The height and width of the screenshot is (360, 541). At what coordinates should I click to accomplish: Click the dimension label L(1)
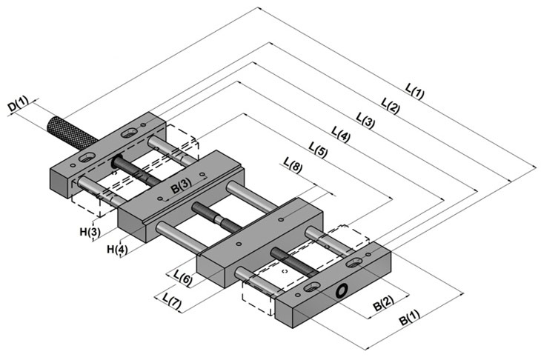pyautogui.click(x=414, y=91)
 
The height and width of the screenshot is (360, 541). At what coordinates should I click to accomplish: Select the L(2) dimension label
pyautogui.click(x=391, y=106)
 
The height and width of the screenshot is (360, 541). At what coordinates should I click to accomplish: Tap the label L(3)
pyautogui.click(x=365, y=120)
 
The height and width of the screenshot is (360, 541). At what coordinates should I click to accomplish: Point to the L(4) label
pyautogui.click(x=340, y=135)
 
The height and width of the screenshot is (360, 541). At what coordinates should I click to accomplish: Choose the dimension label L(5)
pyautogui.click(x=318, y=150)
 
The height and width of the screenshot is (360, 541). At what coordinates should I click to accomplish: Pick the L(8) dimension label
pyautogui.click(x=293, y=165)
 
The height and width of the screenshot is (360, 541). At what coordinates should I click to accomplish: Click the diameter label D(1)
pyautogui.click(x=19, y=104)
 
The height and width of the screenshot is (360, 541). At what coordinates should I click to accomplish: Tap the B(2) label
pyautogui.click(x=383, y=304)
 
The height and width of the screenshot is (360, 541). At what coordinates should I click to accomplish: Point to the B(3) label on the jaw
pyautogui.click(x=181, y=185)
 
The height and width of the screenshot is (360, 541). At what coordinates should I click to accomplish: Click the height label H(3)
pyautogui.click(x=90, y=232)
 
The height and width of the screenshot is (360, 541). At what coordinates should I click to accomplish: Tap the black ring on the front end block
pyautogui.click(x=341, y=290)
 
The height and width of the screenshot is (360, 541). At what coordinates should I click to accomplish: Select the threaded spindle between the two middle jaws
pyautogui.click(x=216, y=218)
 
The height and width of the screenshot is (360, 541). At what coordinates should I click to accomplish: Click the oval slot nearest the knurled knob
pyautogui.click(x=86, y=158)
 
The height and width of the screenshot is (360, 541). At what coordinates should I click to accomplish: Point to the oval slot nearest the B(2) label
pyautogui.click(x=354, y=263)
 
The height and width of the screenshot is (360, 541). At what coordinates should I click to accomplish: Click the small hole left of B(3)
pyautogui.click(x=160, y=199)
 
